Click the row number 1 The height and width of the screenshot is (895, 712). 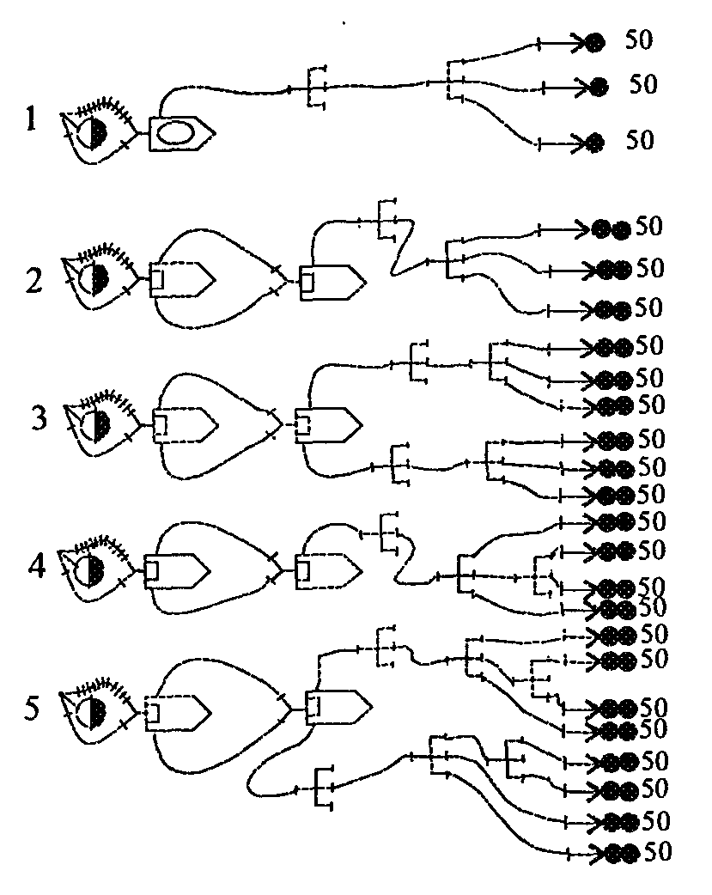pos(32,119)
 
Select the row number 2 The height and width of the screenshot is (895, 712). pos(34,281)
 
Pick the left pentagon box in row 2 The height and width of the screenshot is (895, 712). pos(180,278)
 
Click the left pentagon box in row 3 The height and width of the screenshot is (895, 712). pos(183,423)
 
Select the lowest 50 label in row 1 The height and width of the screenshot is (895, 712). pos(640,140)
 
